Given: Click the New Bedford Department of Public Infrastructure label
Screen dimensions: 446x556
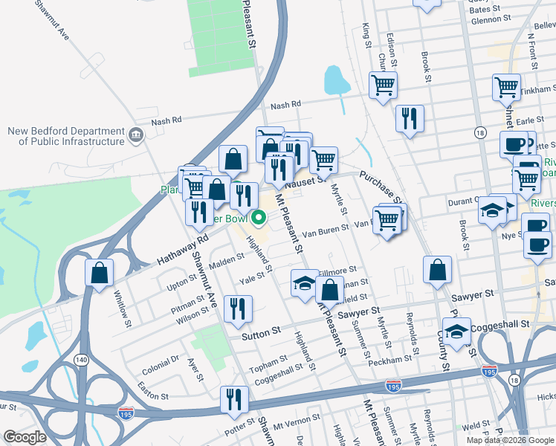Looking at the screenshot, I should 65,136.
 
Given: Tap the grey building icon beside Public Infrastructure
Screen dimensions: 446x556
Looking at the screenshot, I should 136,135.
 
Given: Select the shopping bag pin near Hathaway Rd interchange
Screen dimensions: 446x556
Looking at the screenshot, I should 99,273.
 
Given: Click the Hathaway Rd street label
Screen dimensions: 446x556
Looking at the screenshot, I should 183,250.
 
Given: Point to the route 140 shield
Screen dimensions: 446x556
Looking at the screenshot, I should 80,361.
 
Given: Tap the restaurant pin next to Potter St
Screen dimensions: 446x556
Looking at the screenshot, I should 233,399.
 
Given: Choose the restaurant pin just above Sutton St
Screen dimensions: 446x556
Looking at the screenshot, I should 237,309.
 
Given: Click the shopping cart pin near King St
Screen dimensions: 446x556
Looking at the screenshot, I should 383,85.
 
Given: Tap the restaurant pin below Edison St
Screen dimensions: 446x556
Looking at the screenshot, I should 409,119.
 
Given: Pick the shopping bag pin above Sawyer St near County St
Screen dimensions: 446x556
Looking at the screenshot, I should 437,271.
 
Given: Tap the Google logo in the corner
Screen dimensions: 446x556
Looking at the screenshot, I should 25,436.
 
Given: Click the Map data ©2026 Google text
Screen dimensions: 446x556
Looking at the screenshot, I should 509,440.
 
